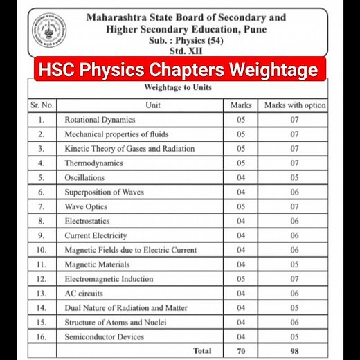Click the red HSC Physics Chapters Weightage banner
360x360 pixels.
[179, 71]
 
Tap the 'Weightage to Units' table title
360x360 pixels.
[178, 89]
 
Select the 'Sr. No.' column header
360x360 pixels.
[42, 105]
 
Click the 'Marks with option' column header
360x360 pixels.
[294, 105]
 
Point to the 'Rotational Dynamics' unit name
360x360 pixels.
[100, 120]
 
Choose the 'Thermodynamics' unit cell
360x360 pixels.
[93, 163]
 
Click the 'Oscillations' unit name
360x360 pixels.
[84, 178]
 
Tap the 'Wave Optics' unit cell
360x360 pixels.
[87, 207]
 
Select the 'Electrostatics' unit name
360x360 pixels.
[87, 222]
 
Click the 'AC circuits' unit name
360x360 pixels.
[84, 294]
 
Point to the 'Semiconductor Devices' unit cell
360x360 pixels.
[105, 337]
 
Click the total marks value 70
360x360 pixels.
[241, 352]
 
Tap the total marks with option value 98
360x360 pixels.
[294, 352]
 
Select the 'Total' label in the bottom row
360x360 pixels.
[201, 352]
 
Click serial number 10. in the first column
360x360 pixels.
[42, 250]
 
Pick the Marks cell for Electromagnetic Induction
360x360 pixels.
[241, 279]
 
